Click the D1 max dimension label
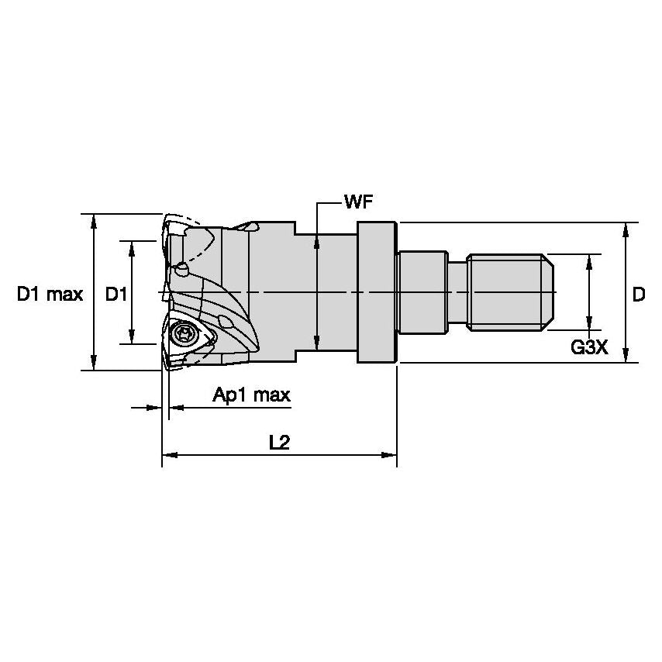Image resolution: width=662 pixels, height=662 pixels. [50, 294]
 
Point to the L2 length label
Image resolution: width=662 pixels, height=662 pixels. [279, 442]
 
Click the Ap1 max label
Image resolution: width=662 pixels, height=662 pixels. [251, 395]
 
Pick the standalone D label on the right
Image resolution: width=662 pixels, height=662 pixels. [638, 295]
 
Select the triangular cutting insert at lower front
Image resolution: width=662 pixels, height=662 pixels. [189, 340]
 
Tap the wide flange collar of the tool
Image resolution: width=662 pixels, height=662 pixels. [377, 292]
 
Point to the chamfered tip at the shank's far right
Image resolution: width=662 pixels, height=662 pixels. [549, 292]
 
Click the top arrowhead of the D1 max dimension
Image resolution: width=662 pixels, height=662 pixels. [94, 220]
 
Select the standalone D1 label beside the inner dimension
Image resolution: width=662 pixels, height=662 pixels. [116, 294]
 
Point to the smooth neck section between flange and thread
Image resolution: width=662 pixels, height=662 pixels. [422, 292]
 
